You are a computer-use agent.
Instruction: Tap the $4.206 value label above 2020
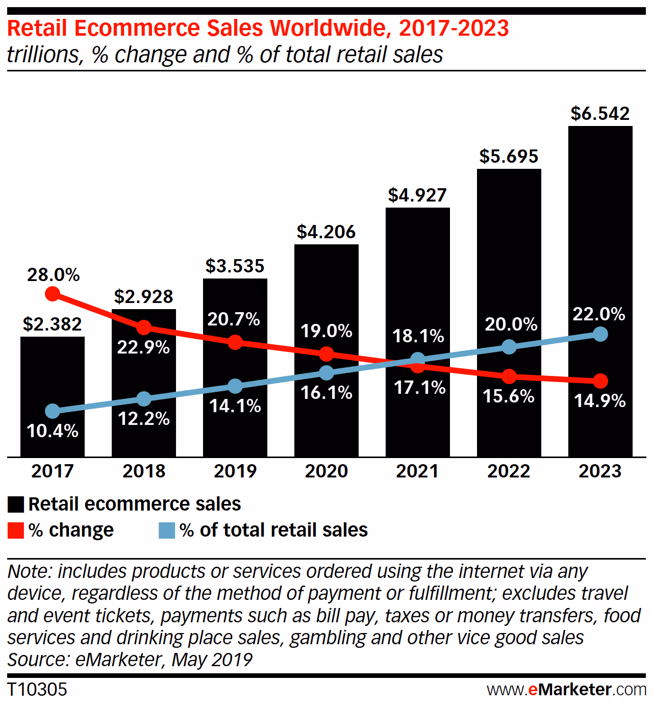point(326,232)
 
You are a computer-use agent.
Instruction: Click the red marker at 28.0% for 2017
point(53,294)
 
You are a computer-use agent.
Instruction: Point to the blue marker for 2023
point(600,335)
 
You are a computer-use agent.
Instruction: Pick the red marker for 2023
point(600,381)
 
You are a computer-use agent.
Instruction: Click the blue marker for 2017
point(53,411)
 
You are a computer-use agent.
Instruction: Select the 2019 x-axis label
point(235,471)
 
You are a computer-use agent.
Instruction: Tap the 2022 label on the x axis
point(509,471)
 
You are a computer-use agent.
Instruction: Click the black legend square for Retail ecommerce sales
point(16,504)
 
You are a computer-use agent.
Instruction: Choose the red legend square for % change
point(16,530)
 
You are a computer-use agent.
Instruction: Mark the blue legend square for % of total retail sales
point(167,530)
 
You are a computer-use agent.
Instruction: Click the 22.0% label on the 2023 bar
point(599,314)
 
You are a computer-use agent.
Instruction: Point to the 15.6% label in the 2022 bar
point(509,396)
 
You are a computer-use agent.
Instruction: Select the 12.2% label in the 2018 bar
point(143,419)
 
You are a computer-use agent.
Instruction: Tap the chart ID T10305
point(37,690)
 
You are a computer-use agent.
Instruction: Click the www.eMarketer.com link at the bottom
point(566,690)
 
